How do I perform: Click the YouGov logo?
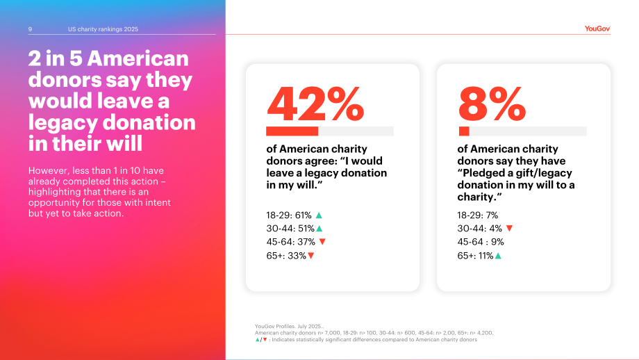click(x=597, y=28)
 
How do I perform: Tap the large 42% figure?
click(x=315, y=104)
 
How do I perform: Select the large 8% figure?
click(x=492, y=104)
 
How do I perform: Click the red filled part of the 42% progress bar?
click(x=292, y=131)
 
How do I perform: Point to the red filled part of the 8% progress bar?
click(x=464, y=131)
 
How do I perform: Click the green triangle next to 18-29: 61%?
click(x=319, y=215)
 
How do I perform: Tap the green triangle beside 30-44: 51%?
click(x=319, y=229)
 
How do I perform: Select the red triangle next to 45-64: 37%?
click(x=322, y=242)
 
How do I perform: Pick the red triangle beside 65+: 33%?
click(x=311, y=256)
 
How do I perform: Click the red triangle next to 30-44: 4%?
click(x=509, y=229)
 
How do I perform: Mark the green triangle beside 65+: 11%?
click(x=498, y=256)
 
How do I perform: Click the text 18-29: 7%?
click(x=478, y=215)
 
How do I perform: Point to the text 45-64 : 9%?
click(x=481, y=242)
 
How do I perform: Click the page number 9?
click(x=30, y=29)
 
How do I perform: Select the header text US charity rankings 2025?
click(x=103, y=29)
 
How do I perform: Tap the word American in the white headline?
click(x=138, y=58)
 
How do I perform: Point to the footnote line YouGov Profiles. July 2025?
click(x=290, y=326)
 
